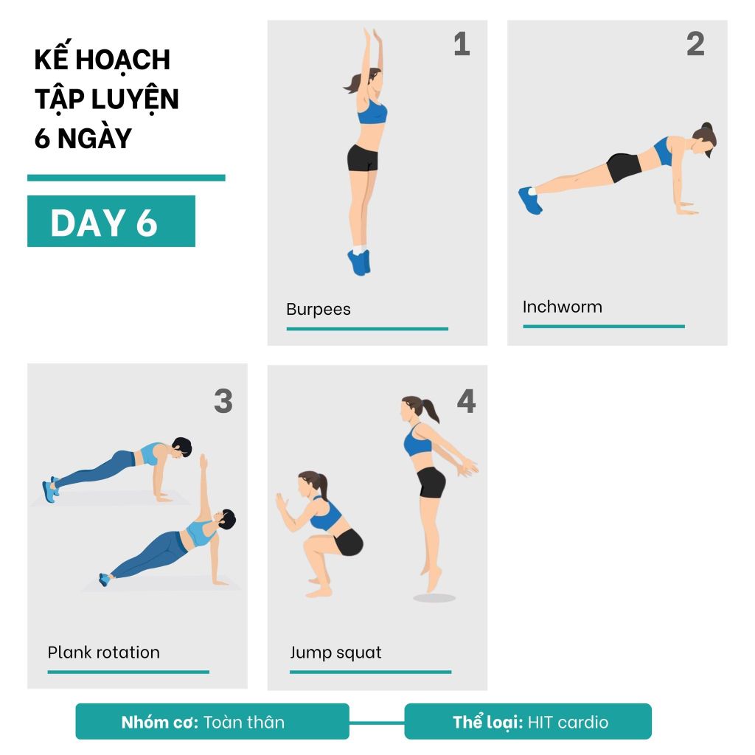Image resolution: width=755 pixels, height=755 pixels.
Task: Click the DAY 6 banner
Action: tap(111, 221)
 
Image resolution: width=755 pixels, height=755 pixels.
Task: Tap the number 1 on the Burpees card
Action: tap(462, 44)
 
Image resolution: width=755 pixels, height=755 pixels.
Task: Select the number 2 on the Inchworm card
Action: tap(695, 44)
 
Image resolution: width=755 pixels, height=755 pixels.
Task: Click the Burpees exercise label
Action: tap(319, 309)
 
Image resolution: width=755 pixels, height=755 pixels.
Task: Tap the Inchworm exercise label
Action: tap(563, 307)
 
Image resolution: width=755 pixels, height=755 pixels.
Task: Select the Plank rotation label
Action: tap(103, 653)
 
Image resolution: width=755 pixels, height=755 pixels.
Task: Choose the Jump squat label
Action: tap(335, 653)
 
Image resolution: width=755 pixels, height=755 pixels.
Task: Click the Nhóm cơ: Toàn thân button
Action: tap(212, 721)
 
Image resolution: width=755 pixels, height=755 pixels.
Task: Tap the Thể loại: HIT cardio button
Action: tap(528, 721)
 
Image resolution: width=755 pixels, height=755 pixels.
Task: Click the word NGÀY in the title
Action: tap(94, 138)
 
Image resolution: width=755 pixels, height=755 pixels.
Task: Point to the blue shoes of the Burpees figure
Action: tap(359, 262)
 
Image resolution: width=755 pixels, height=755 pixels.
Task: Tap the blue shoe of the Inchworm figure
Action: tap(530, 201)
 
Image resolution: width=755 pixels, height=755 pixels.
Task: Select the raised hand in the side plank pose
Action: tap(203, 462)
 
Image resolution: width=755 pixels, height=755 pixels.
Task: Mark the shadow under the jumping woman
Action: tap(434, 598)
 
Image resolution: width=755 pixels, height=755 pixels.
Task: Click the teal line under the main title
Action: tap(126, 178)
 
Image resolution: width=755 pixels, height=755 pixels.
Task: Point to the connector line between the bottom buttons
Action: tap(377, 723)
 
